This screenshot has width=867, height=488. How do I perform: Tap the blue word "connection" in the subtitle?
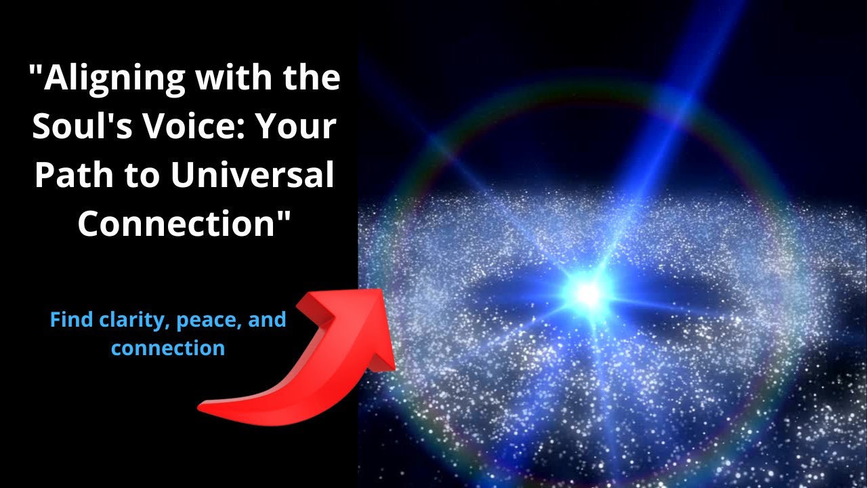168,348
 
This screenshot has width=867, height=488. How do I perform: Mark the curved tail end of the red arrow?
201,408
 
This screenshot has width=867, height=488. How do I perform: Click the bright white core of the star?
587,293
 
